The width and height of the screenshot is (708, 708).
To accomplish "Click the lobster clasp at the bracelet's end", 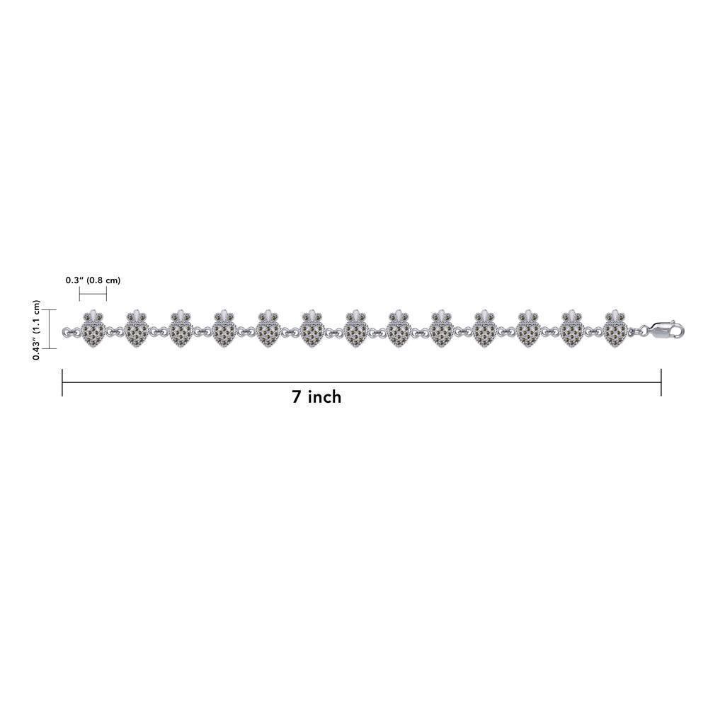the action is pos(666,330).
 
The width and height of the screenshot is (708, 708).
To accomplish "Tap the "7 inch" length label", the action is pos(316,397).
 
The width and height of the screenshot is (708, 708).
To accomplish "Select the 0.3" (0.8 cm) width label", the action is pos(93,280).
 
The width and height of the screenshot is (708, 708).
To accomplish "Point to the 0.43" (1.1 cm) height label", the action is pos(37,330).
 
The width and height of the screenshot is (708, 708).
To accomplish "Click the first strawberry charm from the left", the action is pos(93,329).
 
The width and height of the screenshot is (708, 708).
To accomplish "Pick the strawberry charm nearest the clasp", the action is pos(616,329).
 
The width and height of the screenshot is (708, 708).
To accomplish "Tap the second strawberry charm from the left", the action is pos(137,329).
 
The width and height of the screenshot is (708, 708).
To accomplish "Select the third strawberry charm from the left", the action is pos(180,329).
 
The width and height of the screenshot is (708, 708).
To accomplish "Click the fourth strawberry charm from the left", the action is pos(224,329).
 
